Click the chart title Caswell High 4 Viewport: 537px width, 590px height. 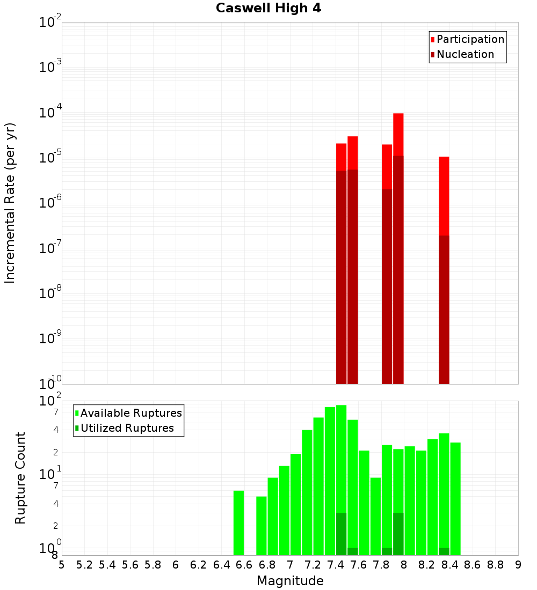[268, 9]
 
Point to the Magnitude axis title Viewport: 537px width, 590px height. [290, 581]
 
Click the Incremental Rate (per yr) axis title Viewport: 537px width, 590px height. [10, 203]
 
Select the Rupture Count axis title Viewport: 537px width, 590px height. [20, 478]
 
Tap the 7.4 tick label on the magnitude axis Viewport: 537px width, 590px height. [336, 565]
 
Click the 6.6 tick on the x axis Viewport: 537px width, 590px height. [244, 565]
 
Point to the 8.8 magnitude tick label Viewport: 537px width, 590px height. [495, 565]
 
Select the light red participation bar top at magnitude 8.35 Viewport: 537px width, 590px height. [444, 196]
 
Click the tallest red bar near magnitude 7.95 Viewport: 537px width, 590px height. [398, 134]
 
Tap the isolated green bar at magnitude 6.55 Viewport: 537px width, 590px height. [238, 523]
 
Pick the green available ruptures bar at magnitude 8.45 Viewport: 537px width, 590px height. [455, 499]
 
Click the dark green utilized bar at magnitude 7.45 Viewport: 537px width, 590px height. [341, 534]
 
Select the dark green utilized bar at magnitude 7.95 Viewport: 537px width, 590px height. [398, 534]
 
